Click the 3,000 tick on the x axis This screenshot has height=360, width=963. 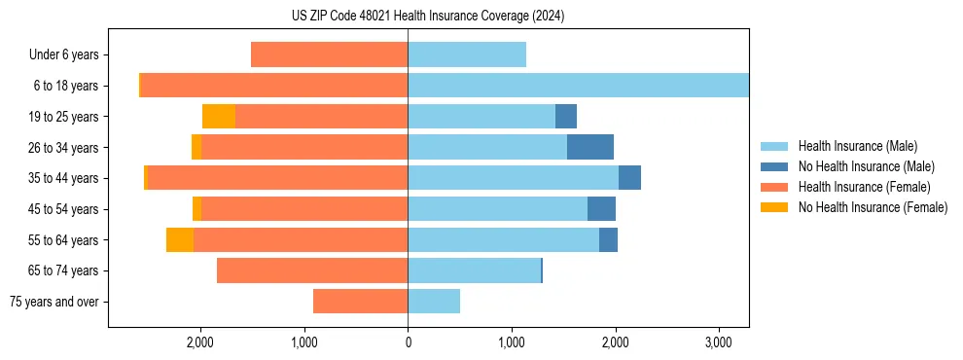click(x=718, y=342)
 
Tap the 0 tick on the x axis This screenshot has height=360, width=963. click(x=408, y=342)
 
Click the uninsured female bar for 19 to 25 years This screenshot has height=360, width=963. click(x=219, y=117)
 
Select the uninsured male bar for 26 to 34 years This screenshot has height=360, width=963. click(x=590, y=147)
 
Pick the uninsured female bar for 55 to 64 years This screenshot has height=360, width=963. click(x=180, y=239)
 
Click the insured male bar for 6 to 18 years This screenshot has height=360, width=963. click(x=578, y=86)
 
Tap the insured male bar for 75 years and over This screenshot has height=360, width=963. click(x=434, y=302)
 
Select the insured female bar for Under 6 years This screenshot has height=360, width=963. click(x=329, y=55)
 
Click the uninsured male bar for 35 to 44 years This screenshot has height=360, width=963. click(x=629, y=178)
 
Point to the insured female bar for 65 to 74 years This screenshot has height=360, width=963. click(x=312, y=270)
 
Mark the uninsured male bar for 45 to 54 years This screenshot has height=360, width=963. click(x=601, y=209)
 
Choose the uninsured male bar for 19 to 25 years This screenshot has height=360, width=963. click(x=566, y=117)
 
